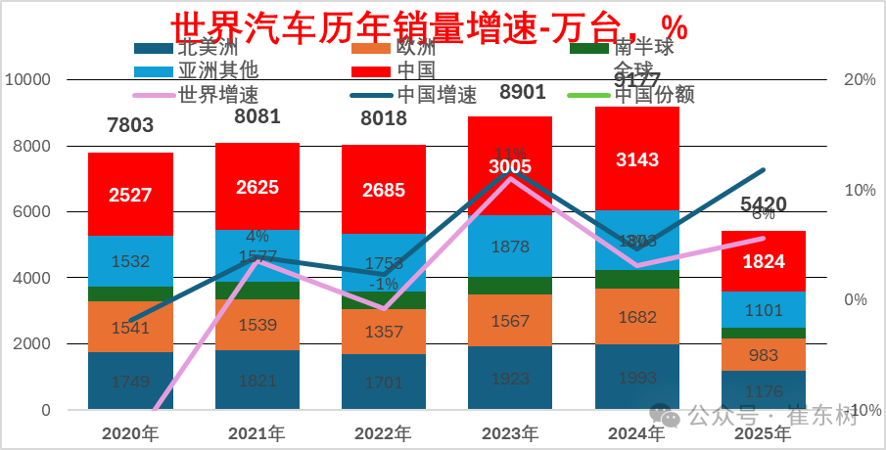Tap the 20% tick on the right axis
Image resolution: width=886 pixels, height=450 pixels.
point(859,80)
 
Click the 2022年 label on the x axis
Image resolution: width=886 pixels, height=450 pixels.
point(383,433)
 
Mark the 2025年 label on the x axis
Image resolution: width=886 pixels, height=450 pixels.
point(764,433)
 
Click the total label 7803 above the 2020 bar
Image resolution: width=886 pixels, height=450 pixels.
point(130,124)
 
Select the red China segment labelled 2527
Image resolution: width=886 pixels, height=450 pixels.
point(130,195)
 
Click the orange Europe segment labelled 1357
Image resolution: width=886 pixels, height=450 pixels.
point(383,332)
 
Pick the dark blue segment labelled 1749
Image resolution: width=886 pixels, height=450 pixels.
point(130,382)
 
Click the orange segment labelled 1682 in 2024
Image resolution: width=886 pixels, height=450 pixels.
point(637,317)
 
